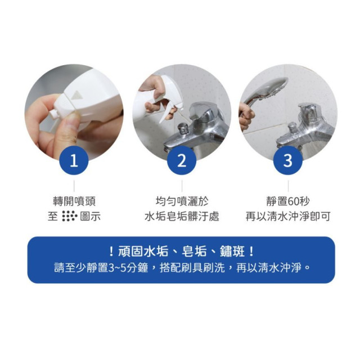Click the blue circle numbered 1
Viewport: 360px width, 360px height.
pyautogui.click(x=74, y=161)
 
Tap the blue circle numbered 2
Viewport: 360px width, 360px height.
pyautogui.click(x=181, y=161)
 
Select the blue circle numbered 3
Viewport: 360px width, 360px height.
pyautogui.click(x=287, y=161)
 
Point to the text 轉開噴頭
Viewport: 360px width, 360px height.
pyautogui.click(x=74, y=201)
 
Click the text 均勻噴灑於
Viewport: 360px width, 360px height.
pyautogui.click(x=181, y=201)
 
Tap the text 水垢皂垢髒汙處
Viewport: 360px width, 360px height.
pyautogui.click(x=181, y=217)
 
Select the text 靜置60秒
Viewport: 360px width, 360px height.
pyautogui.click(x=287, y=201)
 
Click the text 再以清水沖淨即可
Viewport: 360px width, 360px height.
pyautogui.click(x=287, y=217)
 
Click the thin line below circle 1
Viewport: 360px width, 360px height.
pyautogui.click(x=74, y=185)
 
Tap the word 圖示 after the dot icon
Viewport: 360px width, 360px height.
pyautogui.click(x=90, y=217)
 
